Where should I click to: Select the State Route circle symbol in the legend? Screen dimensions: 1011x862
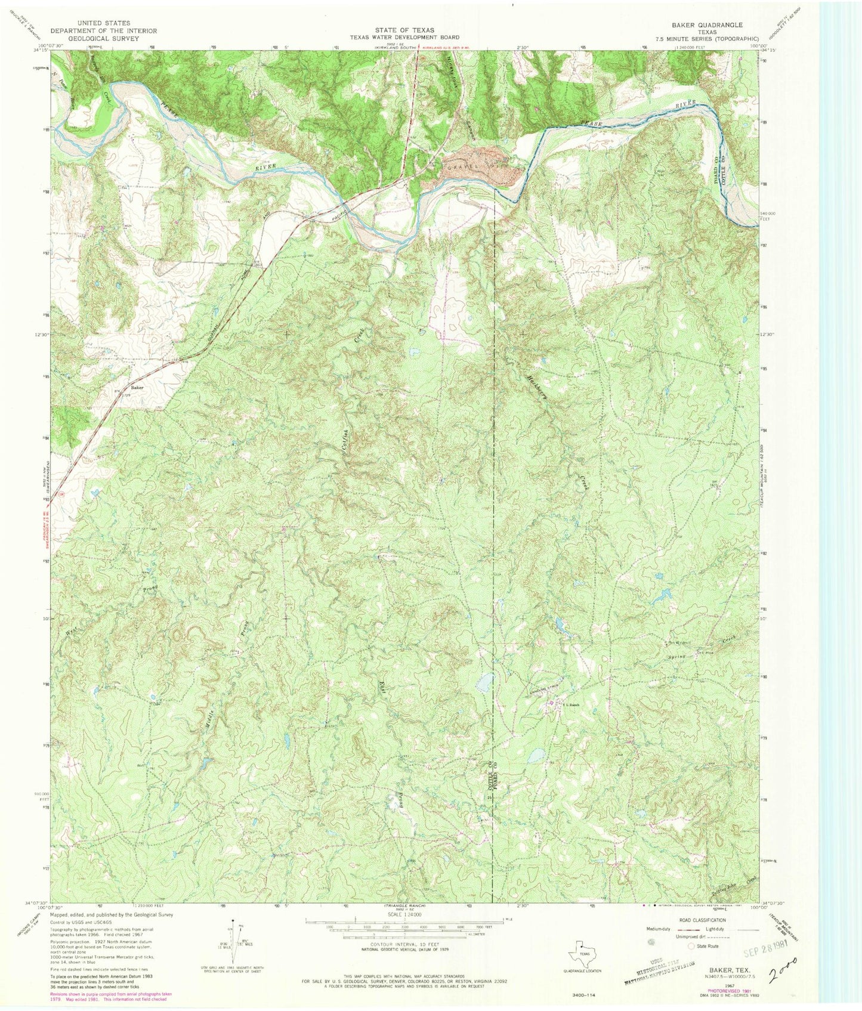[x=692, y=947]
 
